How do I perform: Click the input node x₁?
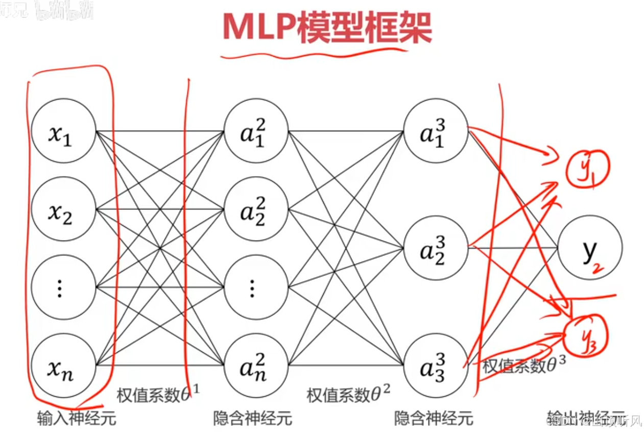[x=63, y=131]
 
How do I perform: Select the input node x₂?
[x=63, y=209]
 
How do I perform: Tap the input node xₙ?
[x=63, y=365]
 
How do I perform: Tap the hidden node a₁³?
[x=435, y=131]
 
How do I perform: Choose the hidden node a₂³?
[x=435, y=248]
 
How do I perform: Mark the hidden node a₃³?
[x=435, y=365]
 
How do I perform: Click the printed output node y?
[x=590, y=248]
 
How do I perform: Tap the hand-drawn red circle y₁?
[x=588, y=169]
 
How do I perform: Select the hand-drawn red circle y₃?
[x=589, y=335]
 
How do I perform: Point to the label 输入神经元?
[x=77, y=419]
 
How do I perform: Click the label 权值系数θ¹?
[x=158, y=394]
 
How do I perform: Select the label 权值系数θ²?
[x=348, y=394]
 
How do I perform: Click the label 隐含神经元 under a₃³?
[x=434, y=419]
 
